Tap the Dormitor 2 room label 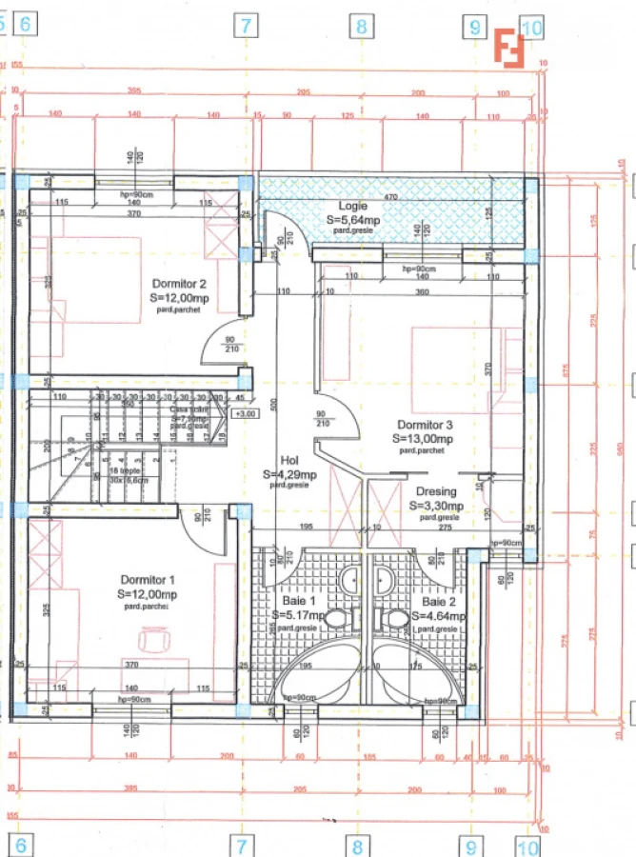click(179, 284)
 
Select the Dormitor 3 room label click(425, 425)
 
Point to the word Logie click(353, 206)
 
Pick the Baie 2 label click(439, 602)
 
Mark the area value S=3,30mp click(436, 506)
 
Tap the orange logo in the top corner click(509, 48)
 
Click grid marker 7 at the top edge click(246, 26)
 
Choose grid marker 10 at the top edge click(531, 28)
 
